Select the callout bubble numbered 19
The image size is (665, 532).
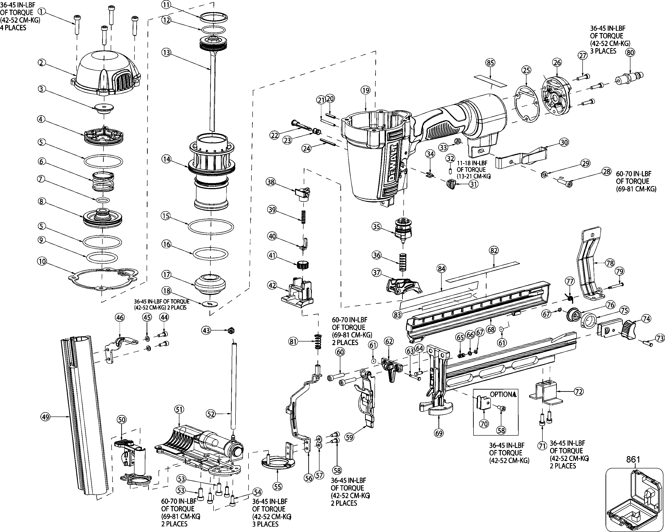pos(366,90)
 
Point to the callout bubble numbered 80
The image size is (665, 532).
pos(630,53)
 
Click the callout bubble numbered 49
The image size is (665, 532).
pos(45,417)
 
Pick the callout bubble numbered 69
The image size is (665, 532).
pos(439,433)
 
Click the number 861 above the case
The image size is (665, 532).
pos(633,459)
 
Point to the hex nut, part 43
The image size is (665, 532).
pos(230,331)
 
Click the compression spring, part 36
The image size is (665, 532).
pos(402,262)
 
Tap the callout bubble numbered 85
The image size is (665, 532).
pos(490,63)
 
